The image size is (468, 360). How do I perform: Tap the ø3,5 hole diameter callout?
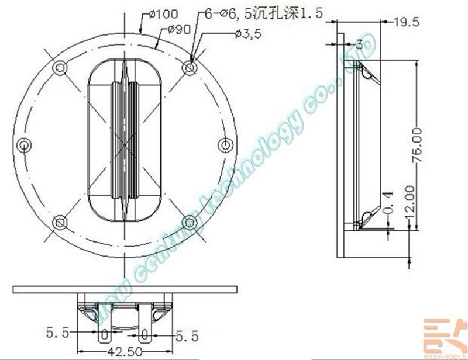247,34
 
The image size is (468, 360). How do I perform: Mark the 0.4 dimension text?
389,200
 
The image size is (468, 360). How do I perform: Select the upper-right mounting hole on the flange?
189,68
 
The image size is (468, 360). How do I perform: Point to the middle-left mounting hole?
23,144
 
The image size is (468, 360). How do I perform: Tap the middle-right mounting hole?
225,144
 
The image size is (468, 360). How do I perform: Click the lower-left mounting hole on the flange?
59,221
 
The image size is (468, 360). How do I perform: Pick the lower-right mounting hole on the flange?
189,221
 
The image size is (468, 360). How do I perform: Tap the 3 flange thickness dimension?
356,43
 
